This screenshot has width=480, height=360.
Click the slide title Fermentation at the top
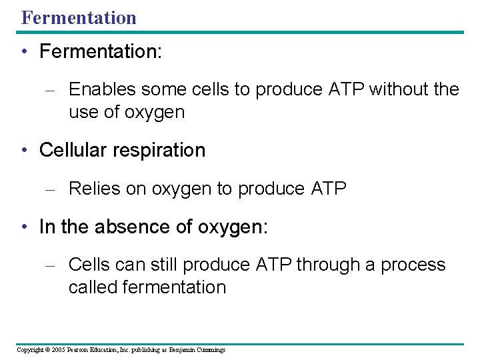point(79,17)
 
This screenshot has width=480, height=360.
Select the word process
point(413,265)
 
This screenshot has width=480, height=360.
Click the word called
point(93,287)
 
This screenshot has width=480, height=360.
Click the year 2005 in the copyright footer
point(57,350)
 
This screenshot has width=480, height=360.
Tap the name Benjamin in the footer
point(183,350)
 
